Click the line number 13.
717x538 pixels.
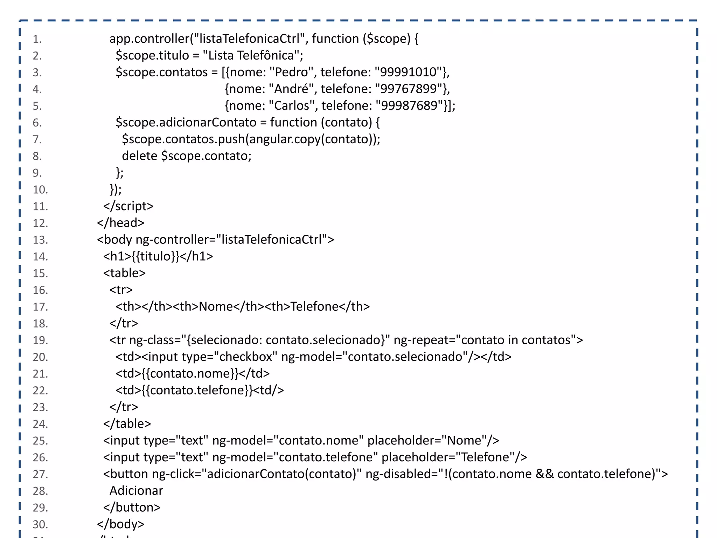(40, 240)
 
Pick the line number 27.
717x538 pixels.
(40, 474)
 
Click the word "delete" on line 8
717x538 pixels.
(139, 156)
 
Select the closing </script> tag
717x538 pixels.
(128, 206)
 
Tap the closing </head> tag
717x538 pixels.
(120, 223)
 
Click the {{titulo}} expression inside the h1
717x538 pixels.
(156, 256)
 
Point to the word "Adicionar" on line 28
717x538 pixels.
(136, 491)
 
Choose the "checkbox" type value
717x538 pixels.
(245, 357)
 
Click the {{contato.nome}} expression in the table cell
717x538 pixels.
(190, 374)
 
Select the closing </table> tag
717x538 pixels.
(127, 424)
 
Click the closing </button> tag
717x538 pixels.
(132, 508)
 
